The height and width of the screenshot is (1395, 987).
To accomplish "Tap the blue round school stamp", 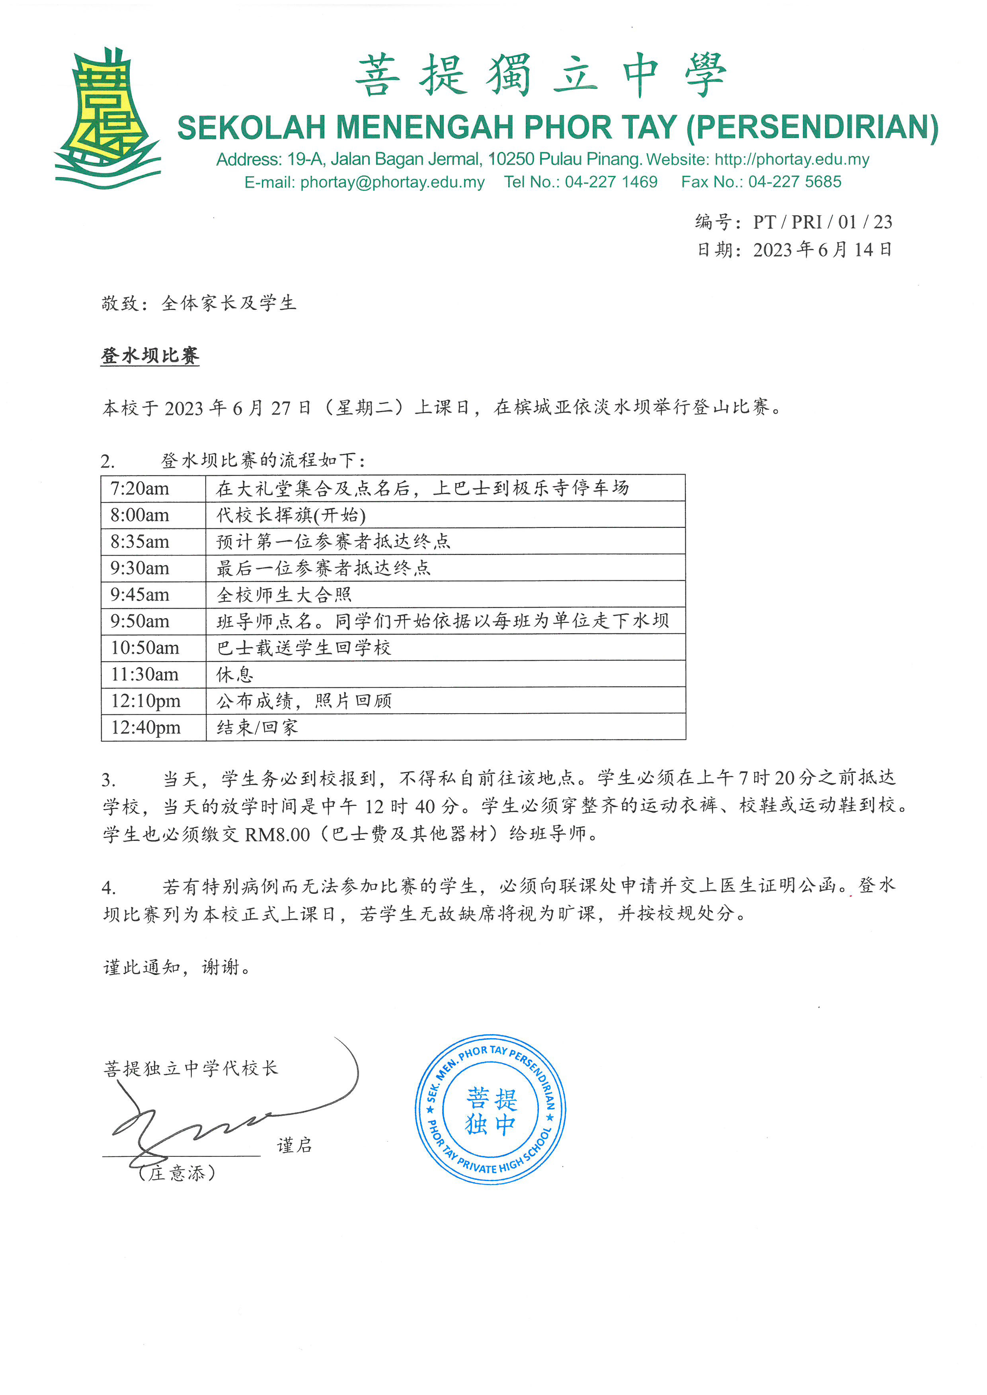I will point(490,1109).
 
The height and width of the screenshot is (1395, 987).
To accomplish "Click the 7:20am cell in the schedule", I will point(140,488).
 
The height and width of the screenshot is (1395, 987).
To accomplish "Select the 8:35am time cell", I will point(140,541).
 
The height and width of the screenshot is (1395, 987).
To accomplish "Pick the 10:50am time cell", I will point(144,648).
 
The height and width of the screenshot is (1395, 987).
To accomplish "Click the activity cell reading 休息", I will point(235,674).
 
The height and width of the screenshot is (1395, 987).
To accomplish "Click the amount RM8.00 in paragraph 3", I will point(277,834).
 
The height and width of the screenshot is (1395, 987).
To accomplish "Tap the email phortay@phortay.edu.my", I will point(392,182).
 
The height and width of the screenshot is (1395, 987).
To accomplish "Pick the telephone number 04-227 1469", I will point(611,182).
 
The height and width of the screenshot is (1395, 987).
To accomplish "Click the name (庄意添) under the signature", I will point(177,1173).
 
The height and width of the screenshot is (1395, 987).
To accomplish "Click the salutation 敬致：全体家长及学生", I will point(199,303).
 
